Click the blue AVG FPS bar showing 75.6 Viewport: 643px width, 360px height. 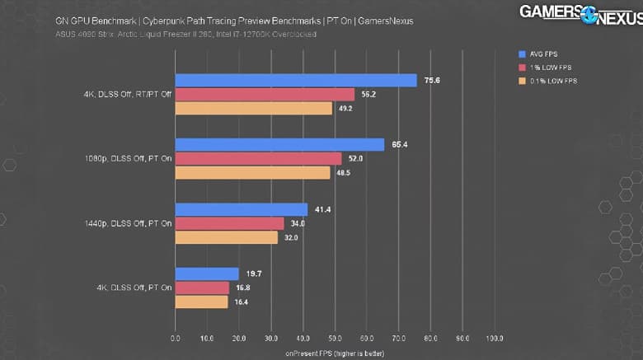[295, 80]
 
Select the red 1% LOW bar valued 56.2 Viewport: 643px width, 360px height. [265, 94]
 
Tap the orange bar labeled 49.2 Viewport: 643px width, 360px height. [253, 108]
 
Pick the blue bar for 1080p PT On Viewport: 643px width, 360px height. [279, 144]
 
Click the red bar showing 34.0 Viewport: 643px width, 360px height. [229, 223]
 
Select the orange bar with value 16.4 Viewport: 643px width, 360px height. [201, 302]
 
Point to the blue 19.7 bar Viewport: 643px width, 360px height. [207, 274]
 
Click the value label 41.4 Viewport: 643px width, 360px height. [323, 210]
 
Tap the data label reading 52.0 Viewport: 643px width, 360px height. [355, 158]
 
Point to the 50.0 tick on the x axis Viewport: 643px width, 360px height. [335, 339]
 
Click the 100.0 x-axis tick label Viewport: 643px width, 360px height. [495, 339]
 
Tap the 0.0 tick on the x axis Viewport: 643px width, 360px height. [176, 339]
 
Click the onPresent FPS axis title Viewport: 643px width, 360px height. [335, 353]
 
